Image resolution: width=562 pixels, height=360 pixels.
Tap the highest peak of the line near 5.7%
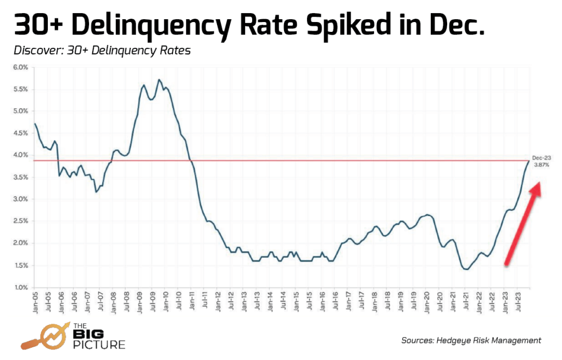[159, 80]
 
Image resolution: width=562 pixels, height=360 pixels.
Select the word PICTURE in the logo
[99, 345]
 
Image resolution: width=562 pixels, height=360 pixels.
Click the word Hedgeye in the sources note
[452, 340]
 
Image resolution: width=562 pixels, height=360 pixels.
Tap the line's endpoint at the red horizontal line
[529, 160]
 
